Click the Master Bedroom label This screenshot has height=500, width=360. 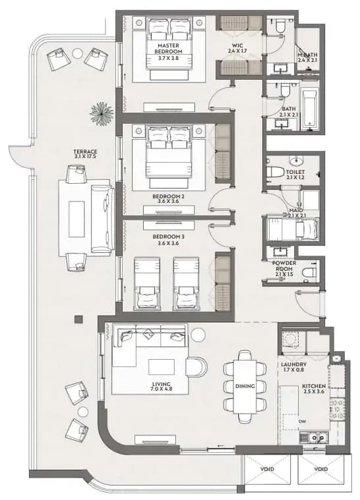[169, 49]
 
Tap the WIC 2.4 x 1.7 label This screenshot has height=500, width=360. [237, 48]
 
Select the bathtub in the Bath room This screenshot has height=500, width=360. [309, 109]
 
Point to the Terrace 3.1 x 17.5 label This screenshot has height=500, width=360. [85, 154]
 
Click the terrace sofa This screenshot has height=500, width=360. [102, 219]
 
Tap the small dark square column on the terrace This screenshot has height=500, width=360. [78, 319]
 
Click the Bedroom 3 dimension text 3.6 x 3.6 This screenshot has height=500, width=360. [169, 243]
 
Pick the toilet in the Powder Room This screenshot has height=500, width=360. [309, 273]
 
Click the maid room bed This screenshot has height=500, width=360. [293, 229]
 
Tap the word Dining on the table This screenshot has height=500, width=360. [245, 386]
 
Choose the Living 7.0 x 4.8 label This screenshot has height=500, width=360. [161, 387]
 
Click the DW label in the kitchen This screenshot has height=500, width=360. [302, 422]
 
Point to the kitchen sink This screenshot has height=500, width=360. [314, 438]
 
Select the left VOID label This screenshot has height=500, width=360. [267, 469]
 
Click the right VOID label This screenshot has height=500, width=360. [320, 469]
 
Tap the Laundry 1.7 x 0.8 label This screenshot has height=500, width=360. [293, 367]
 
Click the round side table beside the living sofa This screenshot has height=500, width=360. [199, 335]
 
